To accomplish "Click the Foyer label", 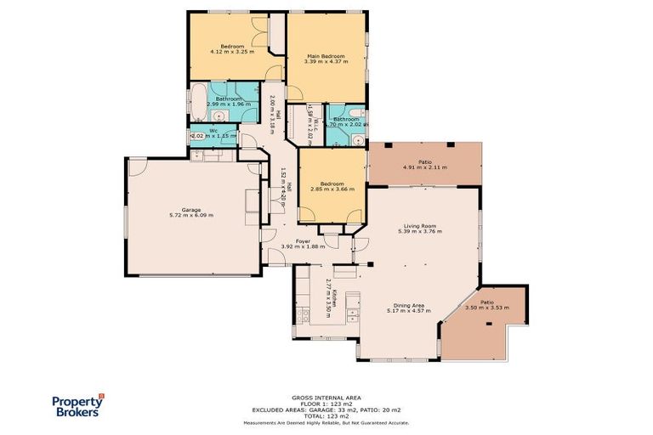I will pos(302,241).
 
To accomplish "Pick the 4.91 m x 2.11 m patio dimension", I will pos(425,167).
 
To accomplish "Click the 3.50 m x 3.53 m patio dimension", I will pos(487,308).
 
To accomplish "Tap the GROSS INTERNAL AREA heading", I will pos(326,397).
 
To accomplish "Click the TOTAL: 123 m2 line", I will pos(326,415).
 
